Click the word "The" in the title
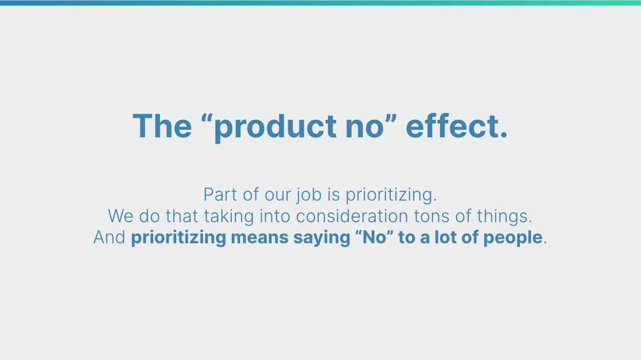(x=162, y=126)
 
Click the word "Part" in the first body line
(x=221, y=194)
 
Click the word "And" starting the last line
(x=110, y=238)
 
